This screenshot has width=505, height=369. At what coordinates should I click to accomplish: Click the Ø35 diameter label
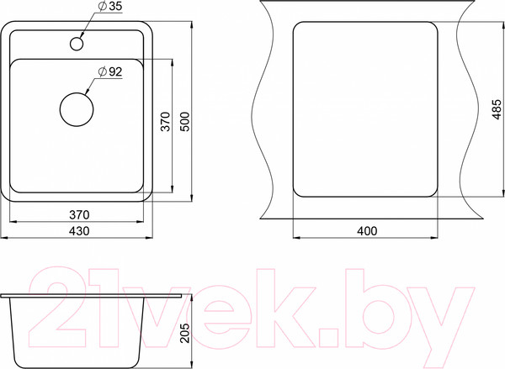(109, 7)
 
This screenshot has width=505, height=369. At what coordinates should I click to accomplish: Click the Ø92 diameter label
(109, 71)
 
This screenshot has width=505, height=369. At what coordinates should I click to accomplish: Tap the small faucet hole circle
(77, 44)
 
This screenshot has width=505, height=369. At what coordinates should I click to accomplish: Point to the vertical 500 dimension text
(185, 122)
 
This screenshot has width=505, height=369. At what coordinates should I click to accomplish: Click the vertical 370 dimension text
(166, 122)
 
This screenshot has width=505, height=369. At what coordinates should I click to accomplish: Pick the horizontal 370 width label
(79, 214)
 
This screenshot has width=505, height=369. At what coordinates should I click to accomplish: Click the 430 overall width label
(79, 230)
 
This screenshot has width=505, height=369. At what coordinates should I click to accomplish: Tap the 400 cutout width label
(367, 230)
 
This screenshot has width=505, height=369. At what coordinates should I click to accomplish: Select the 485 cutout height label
(497, 109)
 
